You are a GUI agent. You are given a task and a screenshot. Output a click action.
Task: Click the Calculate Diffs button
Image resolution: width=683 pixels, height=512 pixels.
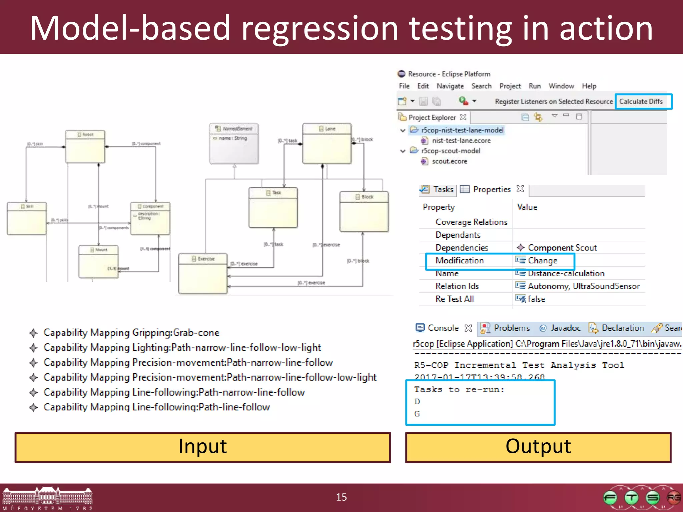click(x=641, y=101)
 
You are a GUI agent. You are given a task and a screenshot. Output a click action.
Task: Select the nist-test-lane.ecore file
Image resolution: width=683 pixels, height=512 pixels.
click(x=461, y=141)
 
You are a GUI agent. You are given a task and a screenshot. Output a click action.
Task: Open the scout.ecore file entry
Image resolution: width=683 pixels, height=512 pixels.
click(x=449, y=161)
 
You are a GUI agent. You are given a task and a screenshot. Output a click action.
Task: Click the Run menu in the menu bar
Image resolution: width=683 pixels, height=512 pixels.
click(x=535, y=86)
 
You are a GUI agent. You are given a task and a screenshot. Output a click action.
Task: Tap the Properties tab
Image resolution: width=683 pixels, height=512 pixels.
click(x=492, y=189)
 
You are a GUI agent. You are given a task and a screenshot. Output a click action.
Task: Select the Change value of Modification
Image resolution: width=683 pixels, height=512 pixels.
click(x=542, y=261)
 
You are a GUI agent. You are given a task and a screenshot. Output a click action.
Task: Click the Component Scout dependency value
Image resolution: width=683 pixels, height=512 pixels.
click(x=562, y=248)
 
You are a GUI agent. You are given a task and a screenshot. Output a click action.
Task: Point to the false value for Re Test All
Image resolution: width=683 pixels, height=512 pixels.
click(x=536, y=299)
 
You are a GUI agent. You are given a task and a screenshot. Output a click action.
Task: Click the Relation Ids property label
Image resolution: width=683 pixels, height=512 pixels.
click(x=457, y=286)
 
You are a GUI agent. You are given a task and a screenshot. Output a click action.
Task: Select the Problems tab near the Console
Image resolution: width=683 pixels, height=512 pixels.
click(x=512, y=328)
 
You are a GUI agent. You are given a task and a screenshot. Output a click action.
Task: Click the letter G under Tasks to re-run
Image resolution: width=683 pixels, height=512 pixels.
click(x=417, y=414)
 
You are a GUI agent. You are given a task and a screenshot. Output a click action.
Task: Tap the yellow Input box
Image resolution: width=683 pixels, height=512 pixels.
click(x=202, y=447)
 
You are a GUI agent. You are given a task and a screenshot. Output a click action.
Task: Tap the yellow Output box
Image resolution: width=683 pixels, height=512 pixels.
click(x=538, y=447)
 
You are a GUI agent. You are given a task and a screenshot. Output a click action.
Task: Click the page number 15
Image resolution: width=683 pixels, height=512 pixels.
click(x=341, y=497)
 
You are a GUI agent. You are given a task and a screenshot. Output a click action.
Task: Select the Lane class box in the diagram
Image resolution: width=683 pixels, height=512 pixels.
click(x=327, y=143)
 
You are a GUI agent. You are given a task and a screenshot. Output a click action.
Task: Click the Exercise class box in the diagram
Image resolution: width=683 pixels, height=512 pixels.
click(x=203, y=273)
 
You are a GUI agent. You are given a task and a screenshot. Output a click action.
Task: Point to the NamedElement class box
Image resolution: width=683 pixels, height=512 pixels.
click(x=234, y=143)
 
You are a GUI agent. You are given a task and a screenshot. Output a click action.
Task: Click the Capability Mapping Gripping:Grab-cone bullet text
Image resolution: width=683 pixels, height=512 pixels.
click(x=131, y=333)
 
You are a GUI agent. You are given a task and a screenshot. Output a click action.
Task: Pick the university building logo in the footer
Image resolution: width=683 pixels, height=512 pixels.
click(x=47, y=497)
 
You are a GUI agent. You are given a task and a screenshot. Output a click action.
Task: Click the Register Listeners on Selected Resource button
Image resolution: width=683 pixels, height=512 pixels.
click(x=554, y=101)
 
